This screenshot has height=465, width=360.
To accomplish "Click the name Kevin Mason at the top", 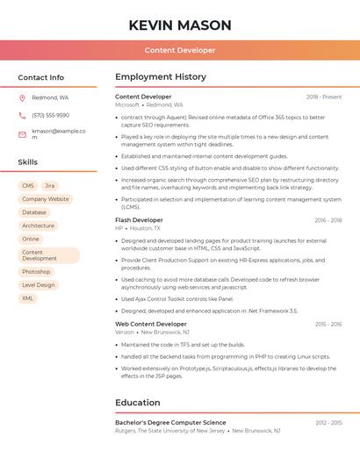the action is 180,25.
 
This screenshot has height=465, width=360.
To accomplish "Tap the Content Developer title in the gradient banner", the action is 180,50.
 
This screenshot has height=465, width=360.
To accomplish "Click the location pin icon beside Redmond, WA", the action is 22,97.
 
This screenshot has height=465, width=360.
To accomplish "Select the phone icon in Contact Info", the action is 22,115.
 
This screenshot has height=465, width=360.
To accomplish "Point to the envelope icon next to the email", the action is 22,134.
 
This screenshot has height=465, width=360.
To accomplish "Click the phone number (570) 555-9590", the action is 50,115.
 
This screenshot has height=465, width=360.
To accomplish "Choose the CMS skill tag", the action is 28,186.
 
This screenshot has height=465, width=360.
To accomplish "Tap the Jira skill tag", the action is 50,186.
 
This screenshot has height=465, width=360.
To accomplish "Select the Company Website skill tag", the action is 45,199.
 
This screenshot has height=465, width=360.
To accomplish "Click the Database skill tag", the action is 34,212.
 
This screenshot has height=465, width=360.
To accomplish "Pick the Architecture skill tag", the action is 38,225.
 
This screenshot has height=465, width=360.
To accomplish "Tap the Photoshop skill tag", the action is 36,272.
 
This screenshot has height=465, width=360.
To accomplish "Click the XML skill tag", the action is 28,298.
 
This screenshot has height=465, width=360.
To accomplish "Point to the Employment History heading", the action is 161,77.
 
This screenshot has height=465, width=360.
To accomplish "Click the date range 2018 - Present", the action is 324,97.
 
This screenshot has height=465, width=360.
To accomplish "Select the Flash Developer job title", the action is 139,220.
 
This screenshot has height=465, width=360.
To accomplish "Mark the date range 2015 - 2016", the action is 328,325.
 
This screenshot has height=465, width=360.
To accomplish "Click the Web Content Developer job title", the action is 151,324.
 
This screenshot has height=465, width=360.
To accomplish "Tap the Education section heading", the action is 138,403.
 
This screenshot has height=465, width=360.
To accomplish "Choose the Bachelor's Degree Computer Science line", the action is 170,423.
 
